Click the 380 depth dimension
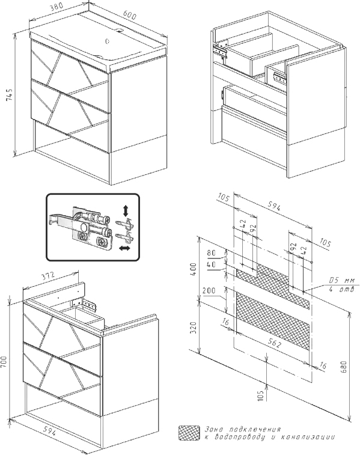pos(57,8)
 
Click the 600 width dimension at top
pos(129,16)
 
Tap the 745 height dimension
pos(10,94)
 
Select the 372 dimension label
pos(47,276)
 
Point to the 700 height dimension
pos(4,362)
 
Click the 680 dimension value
pos(343,367)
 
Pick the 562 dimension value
pos(274,343)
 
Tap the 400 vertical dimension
pos(194,269)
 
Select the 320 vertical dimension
pos(194,328)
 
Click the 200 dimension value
pos(209,290)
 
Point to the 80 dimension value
pos(212,253)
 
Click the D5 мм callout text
pos(342,281)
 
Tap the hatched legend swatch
pos(189,433)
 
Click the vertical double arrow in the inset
pos(126,210)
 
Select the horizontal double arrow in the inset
pos(125,248)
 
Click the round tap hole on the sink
pos(108,41)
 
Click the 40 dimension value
pos(212,264)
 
